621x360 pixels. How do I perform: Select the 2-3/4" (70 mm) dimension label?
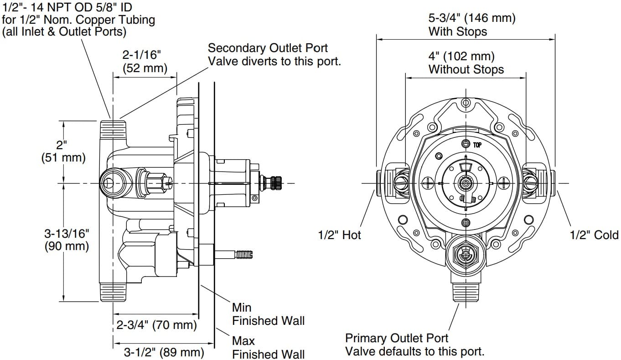(x=156, y=325)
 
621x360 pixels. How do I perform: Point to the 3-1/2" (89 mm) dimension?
(x=164, y=352)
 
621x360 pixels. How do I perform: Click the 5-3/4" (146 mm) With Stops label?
(x=471, y=25)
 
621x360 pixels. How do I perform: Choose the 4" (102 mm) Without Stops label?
(x=466, y=63)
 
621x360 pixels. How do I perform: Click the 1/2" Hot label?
(x=339, y=235)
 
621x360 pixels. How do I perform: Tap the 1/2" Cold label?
(x=594, y=235)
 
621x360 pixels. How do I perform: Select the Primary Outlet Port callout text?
(x=414, y=344)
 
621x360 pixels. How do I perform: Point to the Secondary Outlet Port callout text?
(x=274, y=54)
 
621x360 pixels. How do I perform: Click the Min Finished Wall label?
(x=268, y=314)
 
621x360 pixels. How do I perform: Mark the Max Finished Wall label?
(x=268, y=347)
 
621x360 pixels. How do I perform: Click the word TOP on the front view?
(x=477, y=145)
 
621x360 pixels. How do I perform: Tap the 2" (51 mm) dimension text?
(x=63, y=151)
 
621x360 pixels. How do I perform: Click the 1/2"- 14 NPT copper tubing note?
(x=78, y=20)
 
